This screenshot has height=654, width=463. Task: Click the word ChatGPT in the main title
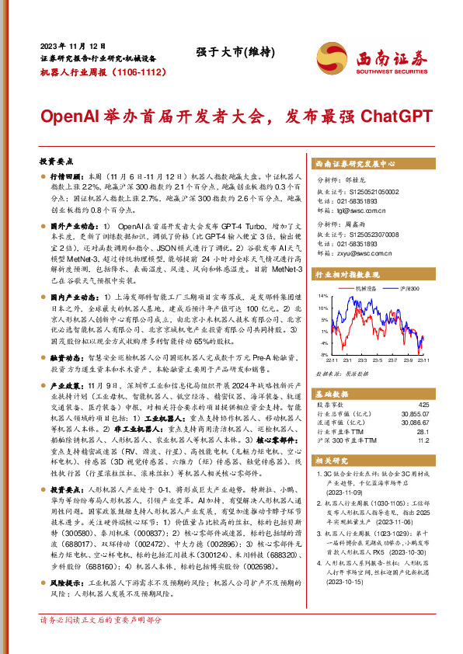395,117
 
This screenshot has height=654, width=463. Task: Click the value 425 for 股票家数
423,405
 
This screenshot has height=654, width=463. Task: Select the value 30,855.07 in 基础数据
413,414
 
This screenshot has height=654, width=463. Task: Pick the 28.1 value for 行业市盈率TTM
423,431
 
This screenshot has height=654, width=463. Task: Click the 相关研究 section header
329,460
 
